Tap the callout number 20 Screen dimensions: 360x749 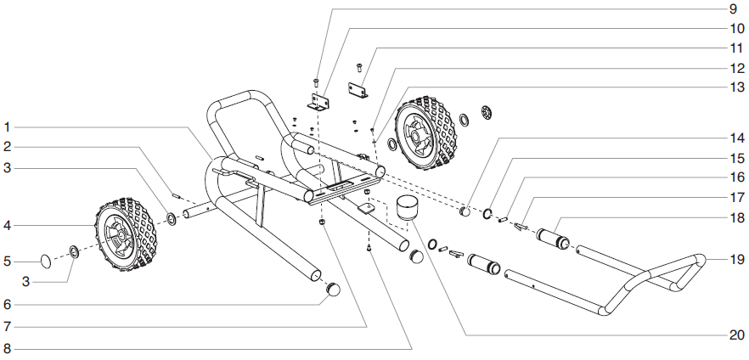point(735,335)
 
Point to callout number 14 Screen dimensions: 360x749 point(735,137)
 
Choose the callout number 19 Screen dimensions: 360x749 point(735,259)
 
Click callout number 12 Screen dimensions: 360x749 point(735,67)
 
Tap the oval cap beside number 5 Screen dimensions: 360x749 point(47,261)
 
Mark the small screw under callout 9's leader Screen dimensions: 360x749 point(316,82)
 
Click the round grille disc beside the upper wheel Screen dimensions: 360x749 point(487,112)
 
